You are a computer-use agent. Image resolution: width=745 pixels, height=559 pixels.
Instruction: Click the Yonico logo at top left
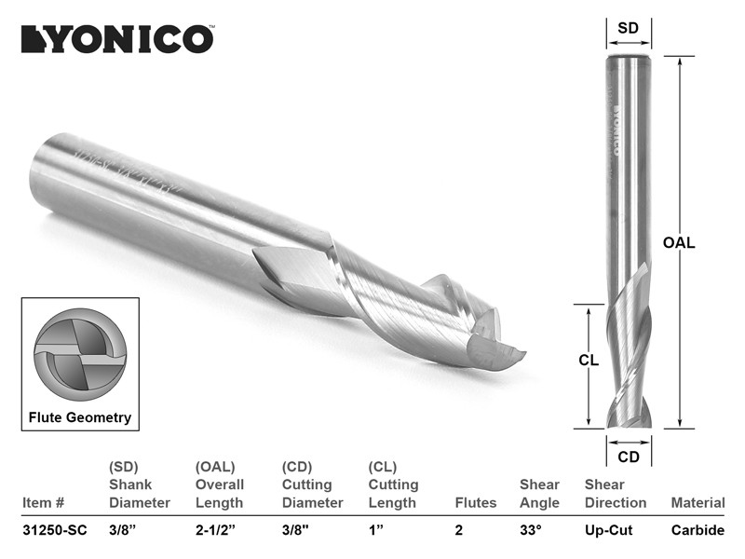[118, 39]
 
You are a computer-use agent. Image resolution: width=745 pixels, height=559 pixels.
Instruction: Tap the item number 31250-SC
[55, 530]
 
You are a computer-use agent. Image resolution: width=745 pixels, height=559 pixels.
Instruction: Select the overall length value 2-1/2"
[215, 530]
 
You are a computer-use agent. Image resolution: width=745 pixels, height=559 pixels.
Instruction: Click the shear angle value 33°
[531, 530]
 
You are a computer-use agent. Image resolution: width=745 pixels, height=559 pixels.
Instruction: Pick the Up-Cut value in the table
[609, 530]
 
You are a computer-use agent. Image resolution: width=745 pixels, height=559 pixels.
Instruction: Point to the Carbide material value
[698, 530]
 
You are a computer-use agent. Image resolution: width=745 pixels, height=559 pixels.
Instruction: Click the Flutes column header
[476, 503]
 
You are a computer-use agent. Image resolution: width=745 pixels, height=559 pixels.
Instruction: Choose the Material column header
[698, 503]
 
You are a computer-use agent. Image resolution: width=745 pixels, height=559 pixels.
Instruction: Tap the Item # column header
[43, 503]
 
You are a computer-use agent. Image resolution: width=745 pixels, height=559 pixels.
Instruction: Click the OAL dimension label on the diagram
[679, 243]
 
